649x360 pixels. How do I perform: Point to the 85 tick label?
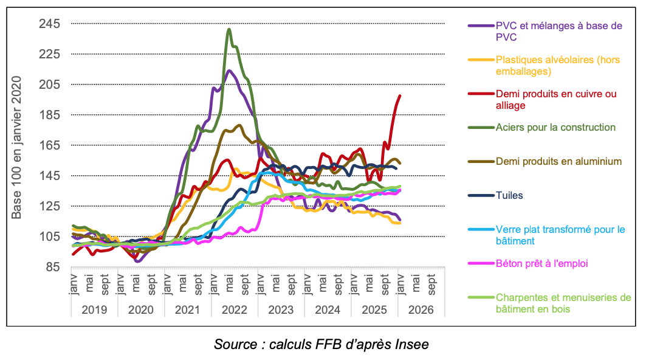coord(52,267)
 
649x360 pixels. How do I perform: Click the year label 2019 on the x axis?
coord(94,309)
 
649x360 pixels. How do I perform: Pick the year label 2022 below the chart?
coord(235,309)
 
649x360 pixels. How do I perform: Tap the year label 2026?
coord(421,309)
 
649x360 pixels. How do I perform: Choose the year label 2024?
coord(328,309)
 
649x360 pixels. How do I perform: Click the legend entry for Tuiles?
coord(509,196)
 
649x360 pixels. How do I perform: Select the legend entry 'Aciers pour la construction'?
coord(555,128)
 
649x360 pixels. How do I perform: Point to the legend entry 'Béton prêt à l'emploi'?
coord(542,264)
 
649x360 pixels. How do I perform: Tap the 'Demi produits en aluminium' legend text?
coord(558,162)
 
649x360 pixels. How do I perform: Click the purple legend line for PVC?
coord(480,26)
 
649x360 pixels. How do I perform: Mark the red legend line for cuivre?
coord(480,94)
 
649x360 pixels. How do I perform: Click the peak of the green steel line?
coord(228,29)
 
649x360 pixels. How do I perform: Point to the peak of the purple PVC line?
coord(228,71)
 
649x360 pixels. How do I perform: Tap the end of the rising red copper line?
coord(400,95)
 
